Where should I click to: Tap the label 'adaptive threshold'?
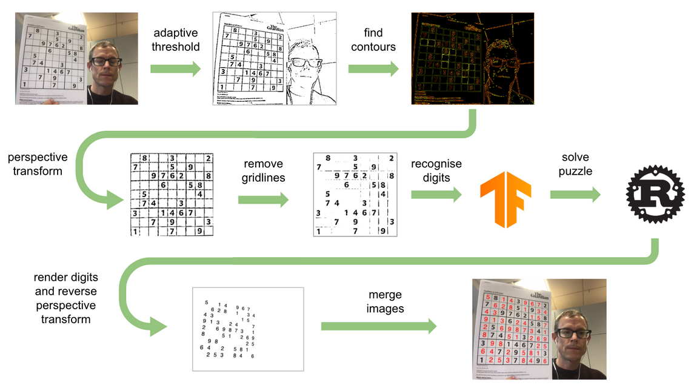click(176, 39)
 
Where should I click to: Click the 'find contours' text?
click(373, 39)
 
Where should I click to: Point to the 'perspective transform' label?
click(38, 164)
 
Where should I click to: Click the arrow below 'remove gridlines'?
click(262, 200)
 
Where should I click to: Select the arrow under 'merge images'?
click(379, 326)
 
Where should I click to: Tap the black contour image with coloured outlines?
click(473, 59)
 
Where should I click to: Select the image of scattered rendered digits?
click(247, 329)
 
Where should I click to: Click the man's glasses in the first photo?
click(107, 61)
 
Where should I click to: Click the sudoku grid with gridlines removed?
click(355, 194)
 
